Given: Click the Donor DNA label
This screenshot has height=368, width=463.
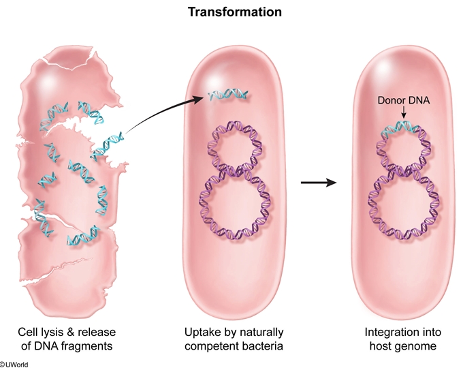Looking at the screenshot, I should (402, 100).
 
